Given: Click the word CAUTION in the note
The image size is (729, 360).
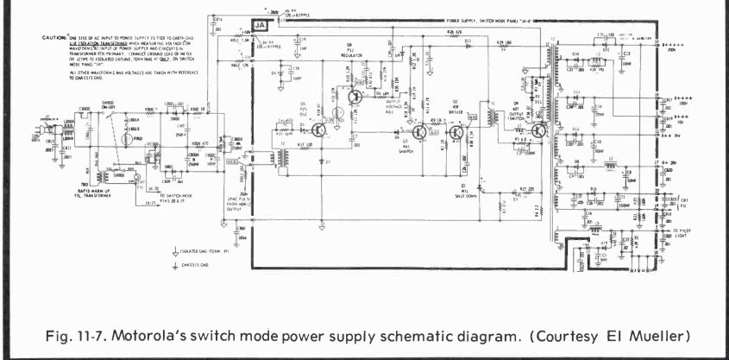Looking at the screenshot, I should pos(53,38).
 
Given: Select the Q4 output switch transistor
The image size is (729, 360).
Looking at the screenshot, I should pos(538,131).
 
